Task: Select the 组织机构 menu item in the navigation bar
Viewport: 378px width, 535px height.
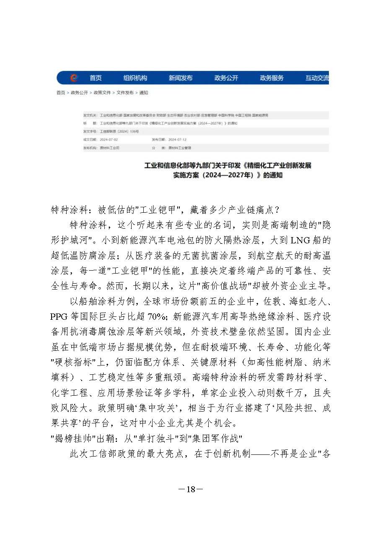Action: point(135,78)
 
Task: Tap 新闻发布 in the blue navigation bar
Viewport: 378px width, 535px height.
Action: point(181,78)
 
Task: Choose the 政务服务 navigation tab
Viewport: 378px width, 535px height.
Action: point(272,78)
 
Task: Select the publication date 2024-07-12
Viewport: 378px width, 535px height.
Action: point(176,140)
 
